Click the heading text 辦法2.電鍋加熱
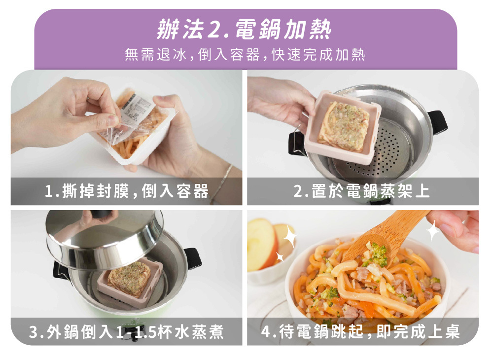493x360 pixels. [244, 29]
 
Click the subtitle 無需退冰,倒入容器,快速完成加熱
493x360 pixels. [245, 55]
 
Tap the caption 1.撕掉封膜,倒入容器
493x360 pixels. [127, 191]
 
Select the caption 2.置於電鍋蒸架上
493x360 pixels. [361, 191]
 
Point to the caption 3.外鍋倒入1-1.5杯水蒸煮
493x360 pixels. [127, 332]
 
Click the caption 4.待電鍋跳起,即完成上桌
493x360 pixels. [361, 331]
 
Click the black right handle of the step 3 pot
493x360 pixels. [192, 258]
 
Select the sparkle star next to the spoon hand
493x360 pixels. [433, 231]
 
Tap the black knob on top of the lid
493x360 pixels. [101, 214]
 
